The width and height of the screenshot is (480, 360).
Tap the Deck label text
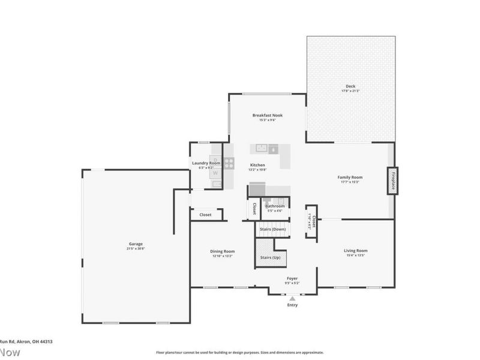tap(350, 86)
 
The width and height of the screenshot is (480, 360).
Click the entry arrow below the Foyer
tap(292, 298)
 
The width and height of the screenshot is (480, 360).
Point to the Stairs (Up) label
tap(270, 257)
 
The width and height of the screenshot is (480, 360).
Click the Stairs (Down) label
tap(272, 229)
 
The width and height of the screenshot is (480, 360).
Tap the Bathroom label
tap(275, 206)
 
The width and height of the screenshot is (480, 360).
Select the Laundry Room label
tap(206, 163)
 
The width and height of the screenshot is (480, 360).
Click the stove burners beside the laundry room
tap(229, 162)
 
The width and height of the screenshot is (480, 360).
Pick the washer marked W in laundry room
tap(215, 173)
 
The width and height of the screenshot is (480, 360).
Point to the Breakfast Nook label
tap(267, 115)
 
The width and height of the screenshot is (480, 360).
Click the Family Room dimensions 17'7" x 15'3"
tap(350, 182)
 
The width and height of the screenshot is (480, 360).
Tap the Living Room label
tap(355, 250)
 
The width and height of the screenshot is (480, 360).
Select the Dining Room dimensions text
tap(222, 256)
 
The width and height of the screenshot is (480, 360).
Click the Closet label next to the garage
tap(205, 214)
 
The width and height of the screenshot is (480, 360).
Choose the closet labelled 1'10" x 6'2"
tap(311, 221)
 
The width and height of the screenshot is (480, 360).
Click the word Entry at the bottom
tap(292, 305)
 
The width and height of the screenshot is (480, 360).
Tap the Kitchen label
tap(257, 165)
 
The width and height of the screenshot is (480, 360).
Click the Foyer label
tap(292, 278)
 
